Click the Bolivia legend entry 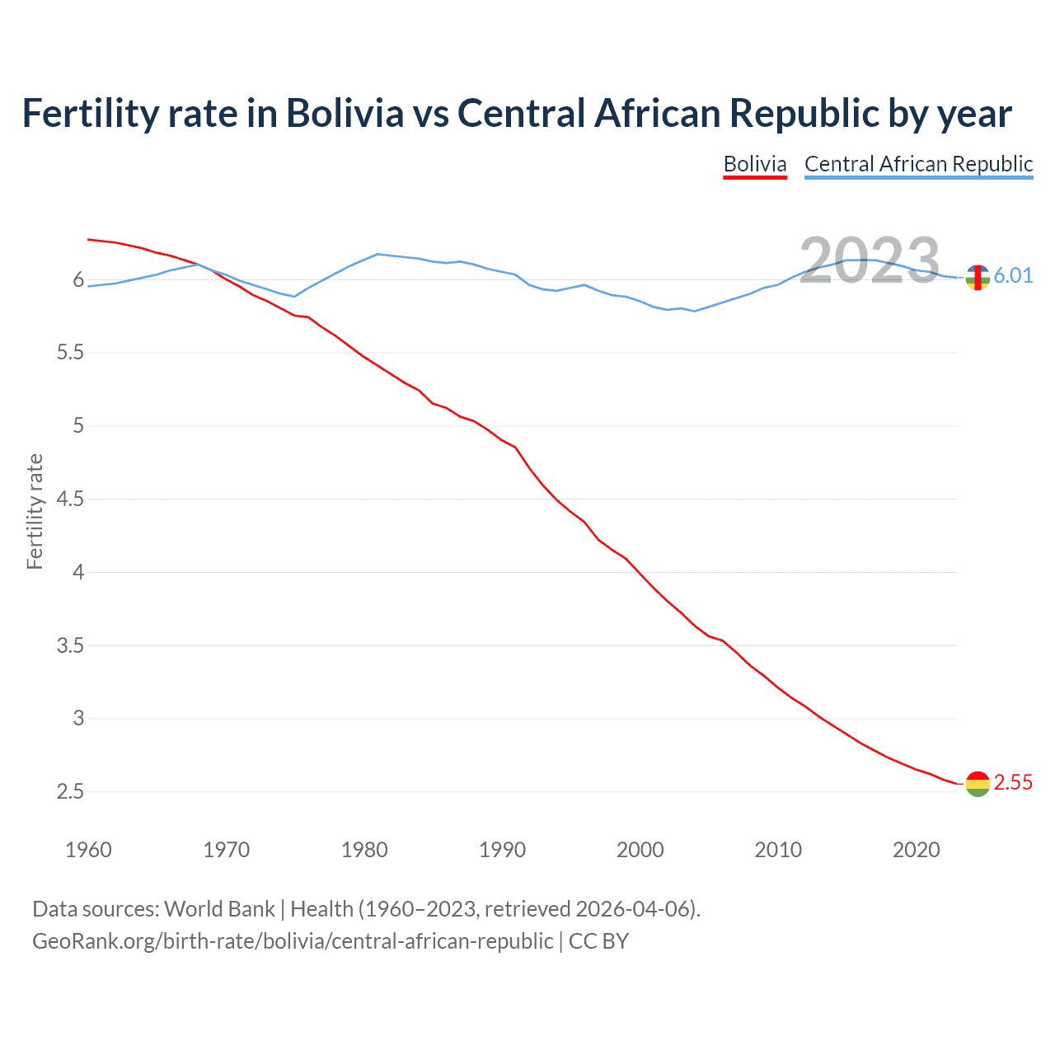[x=755, y=164]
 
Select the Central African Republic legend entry [x=918, y=164]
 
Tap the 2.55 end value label [x=1013, y=783]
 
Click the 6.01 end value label [x=1013, y=275]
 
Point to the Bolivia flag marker [x=978, y=784]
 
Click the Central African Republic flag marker [x=978, y=278]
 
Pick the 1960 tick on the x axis [x=88, y=850]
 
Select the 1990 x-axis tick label [x=502, y=850]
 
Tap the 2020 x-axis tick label [x=916, y=850]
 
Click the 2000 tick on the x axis [x=640, y=850]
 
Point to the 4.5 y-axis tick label [x=70, y=499]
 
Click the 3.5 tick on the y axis [x=70, y=645]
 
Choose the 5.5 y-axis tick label [x=70, y=353]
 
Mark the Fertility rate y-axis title [x=35, y=511]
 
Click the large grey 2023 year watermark [x=870, y=261]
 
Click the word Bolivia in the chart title [x=345, y=114]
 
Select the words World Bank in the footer [x=219, y=909]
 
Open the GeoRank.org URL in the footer [x=293, y=941]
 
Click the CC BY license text [x=599, y=941]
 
